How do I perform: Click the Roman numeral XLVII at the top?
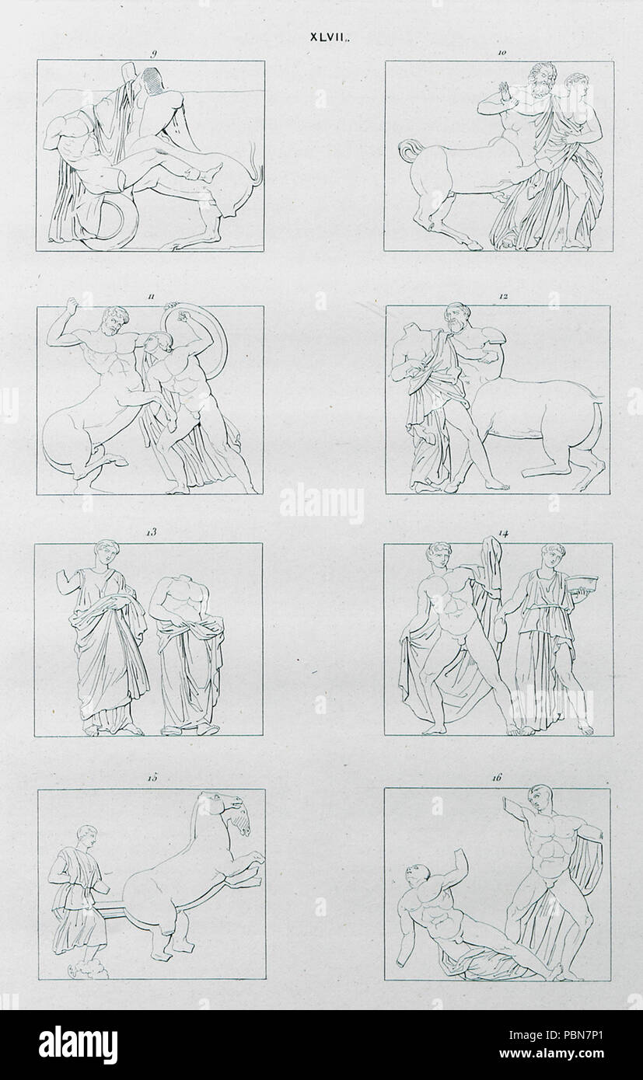pyautogui.click(x=329, y=38)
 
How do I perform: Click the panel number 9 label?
pyautogui.click(x=153, y=54)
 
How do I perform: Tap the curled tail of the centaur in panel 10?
pyautogui.click(x=407, y=151)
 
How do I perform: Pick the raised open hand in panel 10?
pyautogui.click(x=505, y=93)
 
